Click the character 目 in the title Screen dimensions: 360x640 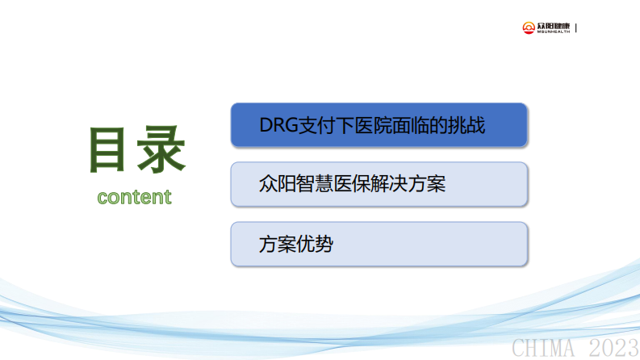coord(108,150)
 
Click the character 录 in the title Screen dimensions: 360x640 coord(161,150)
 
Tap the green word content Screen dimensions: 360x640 coord(134,196)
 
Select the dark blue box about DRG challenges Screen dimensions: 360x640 coord(379,125)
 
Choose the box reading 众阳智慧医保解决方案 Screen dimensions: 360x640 coord(379,184)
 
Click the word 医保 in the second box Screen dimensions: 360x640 coord(353,184)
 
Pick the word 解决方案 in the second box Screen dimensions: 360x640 coord(409,184)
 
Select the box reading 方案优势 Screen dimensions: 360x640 coord(379,244)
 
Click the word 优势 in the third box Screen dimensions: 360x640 coord(315,244)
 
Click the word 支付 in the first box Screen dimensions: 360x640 coord(316,126)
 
